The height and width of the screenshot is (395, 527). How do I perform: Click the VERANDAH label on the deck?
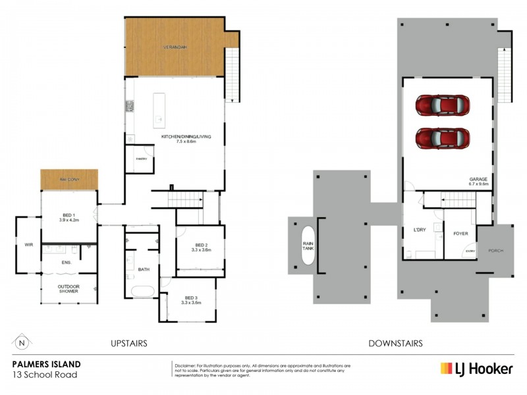tap(175, 47)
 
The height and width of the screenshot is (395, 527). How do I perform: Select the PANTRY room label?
tap(140, 159)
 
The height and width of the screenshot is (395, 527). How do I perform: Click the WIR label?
tap(28, 244)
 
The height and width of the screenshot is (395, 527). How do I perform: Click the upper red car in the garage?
tap(442, 105)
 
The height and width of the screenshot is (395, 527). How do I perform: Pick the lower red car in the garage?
tap(442, 138)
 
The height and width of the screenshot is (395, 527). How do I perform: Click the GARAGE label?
tap(478, 180)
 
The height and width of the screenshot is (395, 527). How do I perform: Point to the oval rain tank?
tap(308, 246)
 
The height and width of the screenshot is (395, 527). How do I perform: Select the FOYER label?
tap(460, 232)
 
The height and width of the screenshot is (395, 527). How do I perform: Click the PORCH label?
tap(496, 251)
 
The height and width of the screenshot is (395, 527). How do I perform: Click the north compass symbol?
tap(22, 343)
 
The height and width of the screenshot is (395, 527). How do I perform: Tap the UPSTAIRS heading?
tap(128, 344)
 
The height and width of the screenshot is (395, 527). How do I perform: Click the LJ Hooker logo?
tap(476, 369)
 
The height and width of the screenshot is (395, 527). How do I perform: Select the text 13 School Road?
tap(45, 375)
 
